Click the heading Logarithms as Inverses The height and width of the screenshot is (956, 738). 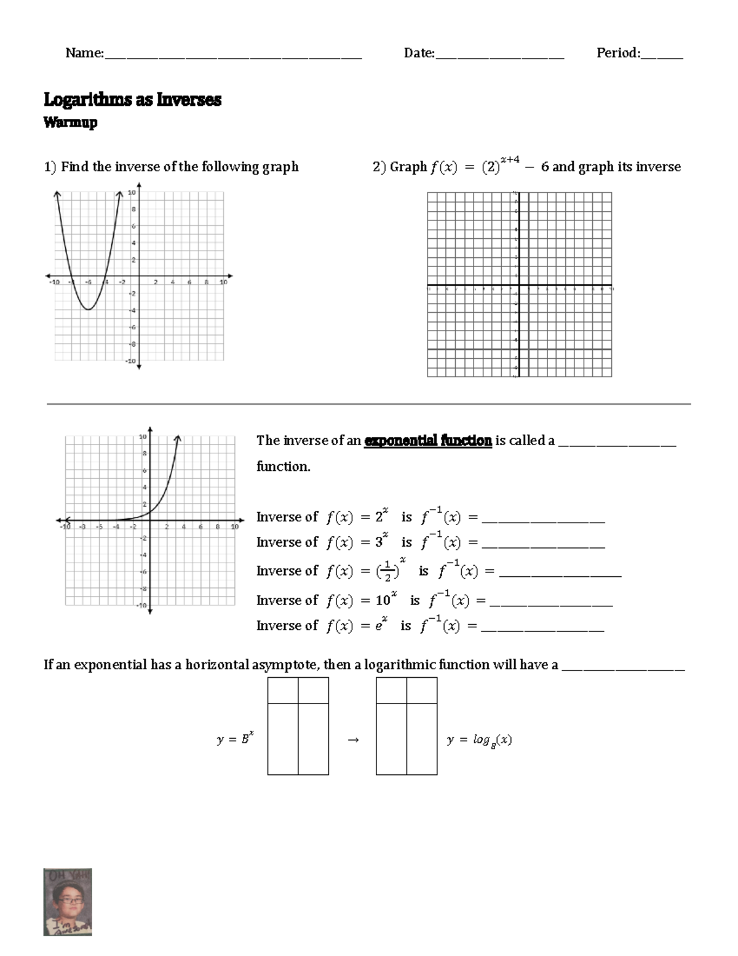(x=132, y=100)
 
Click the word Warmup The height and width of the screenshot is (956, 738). (x=70, y=123)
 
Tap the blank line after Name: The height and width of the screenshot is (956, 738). (x=233, y=56)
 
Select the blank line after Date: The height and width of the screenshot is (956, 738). (x=499, y=56)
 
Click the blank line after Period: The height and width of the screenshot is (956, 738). (x=662, y=56)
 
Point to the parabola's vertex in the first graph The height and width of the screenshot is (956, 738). (x=89, y=309)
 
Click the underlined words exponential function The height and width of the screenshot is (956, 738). (x=427, y=441)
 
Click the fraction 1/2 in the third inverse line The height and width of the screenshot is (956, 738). (x=387, y=571)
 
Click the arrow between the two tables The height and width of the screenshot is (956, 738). (x=352, y=740)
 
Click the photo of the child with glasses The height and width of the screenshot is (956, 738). (x=68, y=902)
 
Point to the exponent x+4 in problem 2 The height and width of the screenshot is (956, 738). (x=510, y=160)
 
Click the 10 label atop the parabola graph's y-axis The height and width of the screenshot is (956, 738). (x=132, y=193)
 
